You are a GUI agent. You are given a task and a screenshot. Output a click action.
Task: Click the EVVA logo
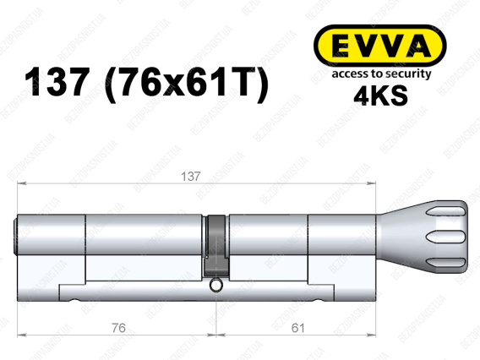pyautogui.click(x=380, y=46)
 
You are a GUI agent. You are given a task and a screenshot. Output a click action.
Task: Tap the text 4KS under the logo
pyautogui.click(x=380, y=95)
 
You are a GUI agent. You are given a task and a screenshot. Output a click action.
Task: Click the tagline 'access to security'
pyautogui.click(x=381, y=74)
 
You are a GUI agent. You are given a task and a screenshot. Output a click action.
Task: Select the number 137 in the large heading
pyautogui.click(x=57, y=82)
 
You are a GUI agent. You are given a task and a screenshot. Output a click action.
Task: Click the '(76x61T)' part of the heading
pyautogui.click(x=187, y=84)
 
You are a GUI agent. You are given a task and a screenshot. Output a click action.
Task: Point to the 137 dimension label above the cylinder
pyautogui.click(x=190, y=177)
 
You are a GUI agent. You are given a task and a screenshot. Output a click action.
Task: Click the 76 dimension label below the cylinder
pyautogui.click(x=118, y=328)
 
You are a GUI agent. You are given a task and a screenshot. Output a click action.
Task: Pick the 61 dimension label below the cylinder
pyautogui.click(x=297, y=328)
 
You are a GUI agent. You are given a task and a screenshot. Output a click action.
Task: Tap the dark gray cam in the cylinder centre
pyautogui.click(x=216, y=244)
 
